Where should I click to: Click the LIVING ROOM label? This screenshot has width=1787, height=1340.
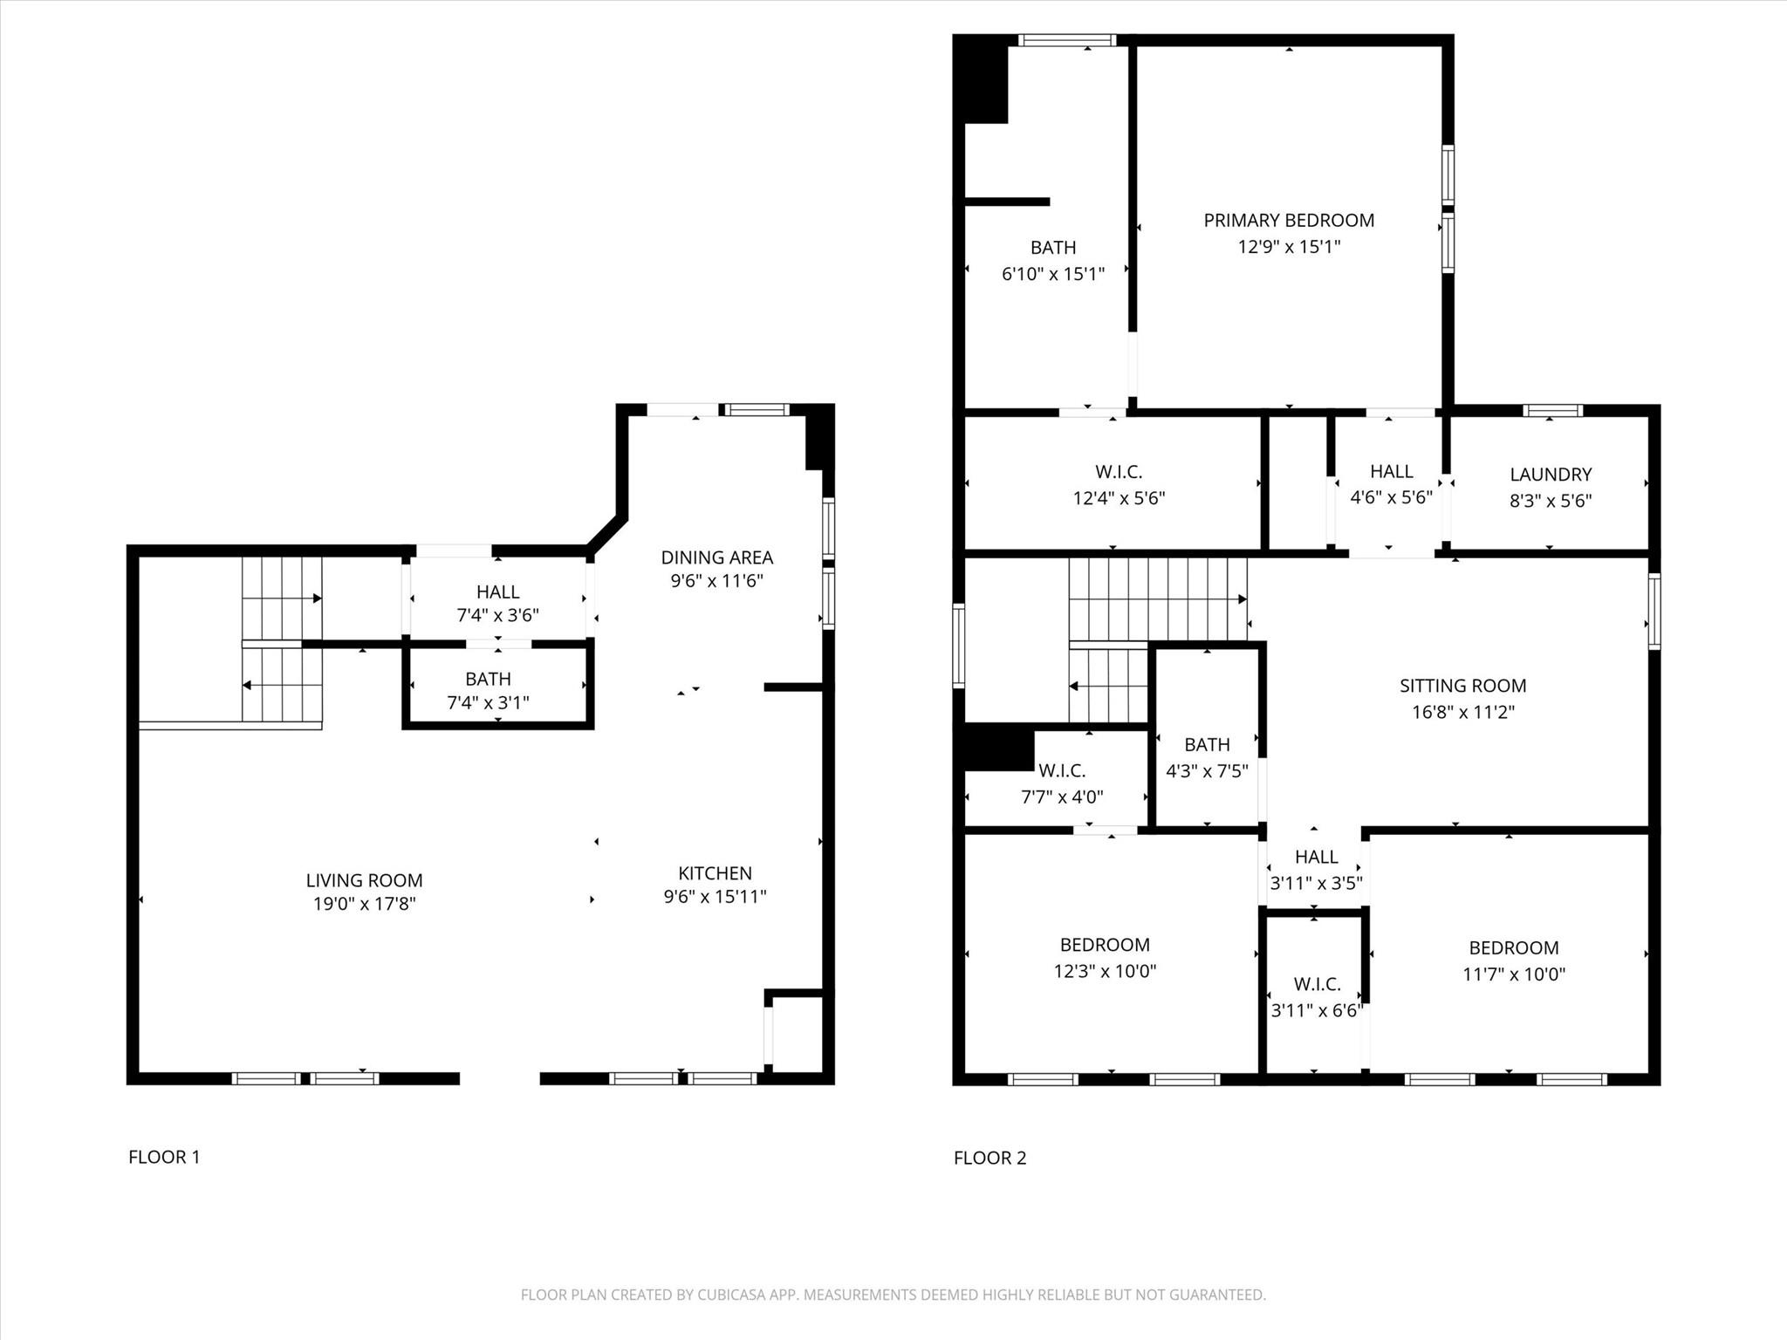364,880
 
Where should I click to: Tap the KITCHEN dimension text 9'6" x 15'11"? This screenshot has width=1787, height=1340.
715,896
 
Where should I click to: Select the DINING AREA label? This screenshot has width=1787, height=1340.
716,557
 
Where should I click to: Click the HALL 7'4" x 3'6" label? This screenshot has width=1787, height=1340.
497,592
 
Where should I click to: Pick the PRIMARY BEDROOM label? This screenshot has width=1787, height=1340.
1289,221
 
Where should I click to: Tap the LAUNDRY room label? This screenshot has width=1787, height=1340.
1550,475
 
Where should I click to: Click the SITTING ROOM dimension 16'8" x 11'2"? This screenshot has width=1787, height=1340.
1462,712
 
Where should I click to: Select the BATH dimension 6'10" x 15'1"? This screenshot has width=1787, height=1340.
1052,274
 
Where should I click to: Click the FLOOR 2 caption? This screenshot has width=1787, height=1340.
989,1158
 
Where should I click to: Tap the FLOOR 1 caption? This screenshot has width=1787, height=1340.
164,1157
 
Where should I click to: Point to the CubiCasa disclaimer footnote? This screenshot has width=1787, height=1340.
893,1295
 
